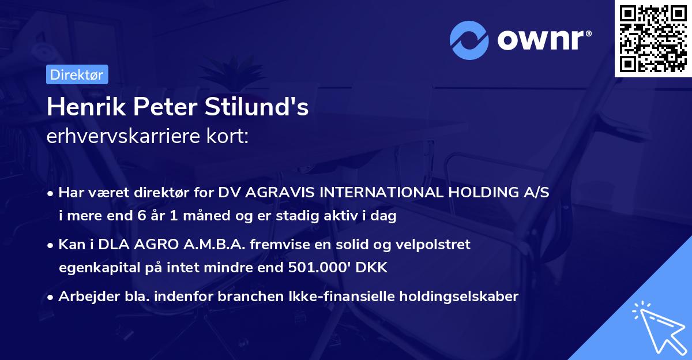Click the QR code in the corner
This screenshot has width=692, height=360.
[x=653, y=39]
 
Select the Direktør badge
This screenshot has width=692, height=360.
[x=77, y=74]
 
